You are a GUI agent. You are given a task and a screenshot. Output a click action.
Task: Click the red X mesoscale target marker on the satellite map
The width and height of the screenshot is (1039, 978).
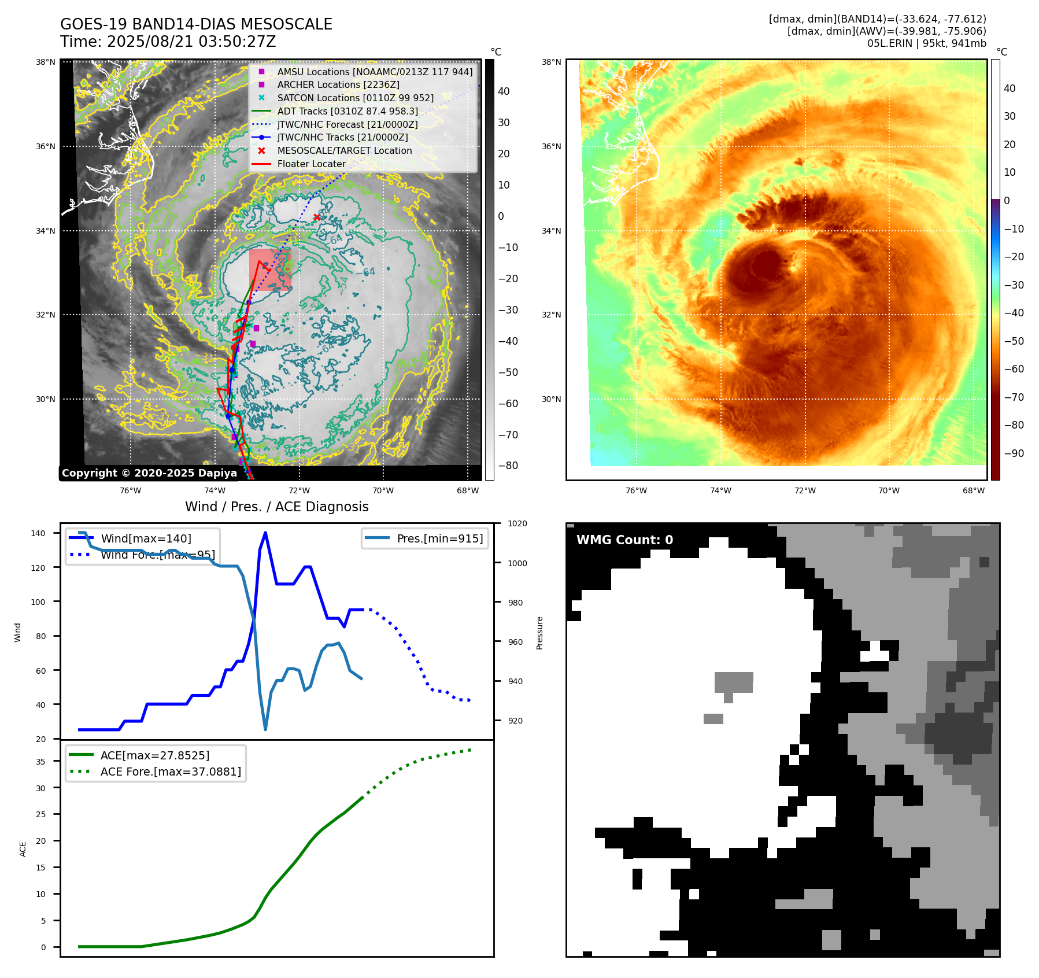click(317, 217)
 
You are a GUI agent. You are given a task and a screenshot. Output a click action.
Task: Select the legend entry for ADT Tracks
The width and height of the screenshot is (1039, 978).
click(347, 111)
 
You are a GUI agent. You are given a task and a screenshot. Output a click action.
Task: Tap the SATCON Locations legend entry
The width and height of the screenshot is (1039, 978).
click(355, 98)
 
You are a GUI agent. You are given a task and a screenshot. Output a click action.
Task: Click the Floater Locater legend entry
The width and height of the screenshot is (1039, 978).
click(311, 164)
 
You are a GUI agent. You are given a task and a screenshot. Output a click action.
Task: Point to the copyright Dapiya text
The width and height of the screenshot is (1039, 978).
click(149, 473)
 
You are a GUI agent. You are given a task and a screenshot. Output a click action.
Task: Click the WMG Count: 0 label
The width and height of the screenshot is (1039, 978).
click(624, 540)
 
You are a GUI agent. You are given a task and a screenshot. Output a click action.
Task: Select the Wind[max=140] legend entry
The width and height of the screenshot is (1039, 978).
click(146, 538)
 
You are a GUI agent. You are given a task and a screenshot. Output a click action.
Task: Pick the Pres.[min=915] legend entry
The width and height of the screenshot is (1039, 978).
click(439, 538)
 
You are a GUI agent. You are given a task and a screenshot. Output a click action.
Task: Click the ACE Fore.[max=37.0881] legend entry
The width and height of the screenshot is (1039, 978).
click(171, 772)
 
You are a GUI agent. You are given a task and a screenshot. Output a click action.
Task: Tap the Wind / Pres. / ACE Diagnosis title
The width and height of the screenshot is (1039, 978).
click(276, 507)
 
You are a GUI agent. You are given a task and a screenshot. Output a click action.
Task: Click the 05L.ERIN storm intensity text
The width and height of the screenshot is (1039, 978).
click(926, 43)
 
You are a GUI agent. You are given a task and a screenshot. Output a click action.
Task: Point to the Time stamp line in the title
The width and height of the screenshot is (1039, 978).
click(168, 42)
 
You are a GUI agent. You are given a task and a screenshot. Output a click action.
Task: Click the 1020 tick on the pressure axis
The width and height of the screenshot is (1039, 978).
click(517, 524)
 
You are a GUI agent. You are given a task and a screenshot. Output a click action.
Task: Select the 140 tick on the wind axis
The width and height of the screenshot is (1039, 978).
click(38, 533)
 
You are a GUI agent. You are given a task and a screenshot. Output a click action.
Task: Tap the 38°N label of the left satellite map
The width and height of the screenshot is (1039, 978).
click(46, 62)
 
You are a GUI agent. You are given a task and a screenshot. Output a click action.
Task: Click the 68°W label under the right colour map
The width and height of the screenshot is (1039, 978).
click(973, 491)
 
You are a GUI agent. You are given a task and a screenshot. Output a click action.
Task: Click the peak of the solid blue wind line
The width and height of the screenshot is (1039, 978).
click(265, 533)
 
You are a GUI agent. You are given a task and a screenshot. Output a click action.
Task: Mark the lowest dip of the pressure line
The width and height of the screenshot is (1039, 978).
click(265, 729)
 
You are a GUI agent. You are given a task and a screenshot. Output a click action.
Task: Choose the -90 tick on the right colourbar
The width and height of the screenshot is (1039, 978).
click(1014, 453)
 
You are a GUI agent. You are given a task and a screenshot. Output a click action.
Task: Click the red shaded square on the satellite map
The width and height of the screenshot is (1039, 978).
click(270, 270)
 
